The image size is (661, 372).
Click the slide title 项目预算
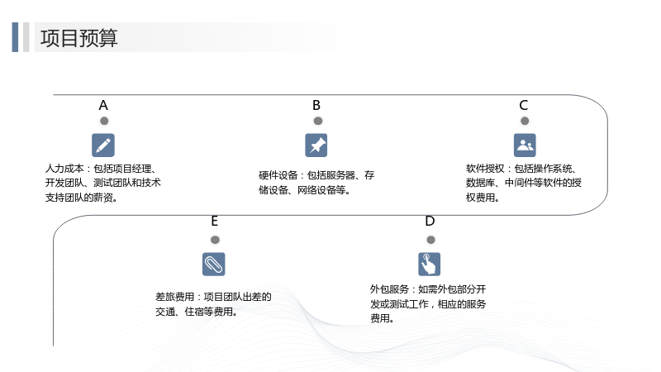(x=78, y=38)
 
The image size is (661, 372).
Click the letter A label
(x=103, y=106)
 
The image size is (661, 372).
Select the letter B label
(x=316, y=106)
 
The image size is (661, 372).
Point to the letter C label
(x=524, y=106)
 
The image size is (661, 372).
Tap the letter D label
(x=430, y=221)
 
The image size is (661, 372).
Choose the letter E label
(x=215, y=221)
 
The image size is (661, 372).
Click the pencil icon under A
(x=103, y=145)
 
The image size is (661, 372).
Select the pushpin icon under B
(x=316, y=145)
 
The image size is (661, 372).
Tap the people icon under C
(x=525, y=145)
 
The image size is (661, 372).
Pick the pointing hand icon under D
(x=429, y=264)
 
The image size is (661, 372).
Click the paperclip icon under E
(x=214, y=264)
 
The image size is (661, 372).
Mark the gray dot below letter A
(x=104, y=121)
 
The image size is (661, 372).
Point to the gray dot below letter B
(x=318, y=121)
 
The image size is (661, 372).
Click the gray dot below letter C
(x=525, y=121)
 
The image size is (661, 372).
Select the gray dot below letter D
(x=430, y=240)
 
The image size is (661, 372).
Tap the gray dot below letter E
(x=215, y=240)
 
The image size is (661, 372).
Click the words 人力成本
(x=64, y=169)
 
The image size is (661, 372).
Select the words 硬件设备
(x=278, y=175)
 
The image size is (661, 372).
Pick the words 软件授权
(x=485, y=169)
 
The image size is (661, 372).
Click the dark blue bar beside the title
(x=15, y=37)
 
